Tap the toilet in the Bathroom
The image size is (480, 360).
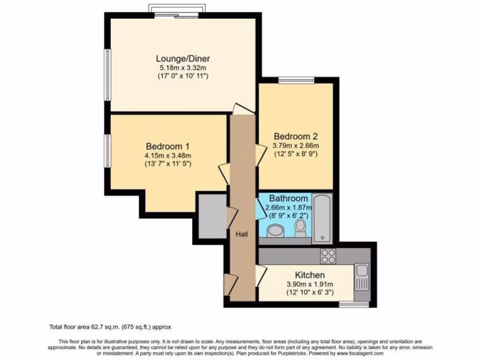pyautogui.click(x=300, y=228)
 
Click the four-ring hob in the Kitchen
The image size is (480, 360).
pyautogui.click(x=327, y=256)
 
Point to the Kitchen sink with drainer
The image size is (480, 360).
pyautogui.click(x=361, y=277)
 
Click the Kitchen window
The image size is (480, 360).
pyautogui.click(x=354, y=304)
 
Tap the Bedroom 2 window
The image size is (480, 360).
pyautogui.click(x=292, y=81)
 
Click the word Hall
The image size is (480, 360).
pyautogui.click(x=242, y=234)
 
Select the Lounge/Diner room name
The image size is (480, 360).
pyautogui.click(x=183, y=59)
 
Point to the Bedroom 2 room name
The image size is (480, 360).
pyautogui.click(x=296, y=136)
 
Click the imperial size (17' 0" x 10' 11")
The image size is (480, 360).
pyautogui.click(x=183, y=75)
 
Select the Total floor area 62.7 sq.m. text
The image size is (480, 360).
pyautogui.click(x=113, y=327)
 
